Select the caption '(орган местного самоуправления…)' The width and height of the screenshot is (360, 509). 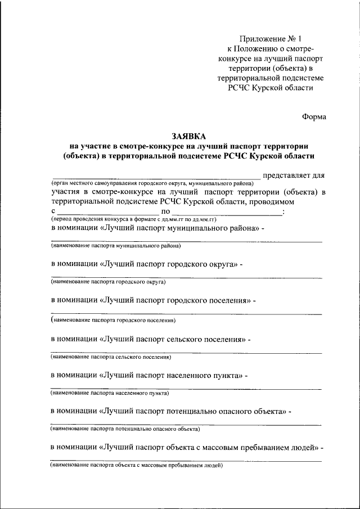(x=152, y=183)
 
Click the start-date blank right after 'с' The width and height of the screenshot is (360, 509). (x=107, y=213)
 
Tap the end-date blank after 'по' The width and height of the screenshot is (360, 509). (x=219, y=213)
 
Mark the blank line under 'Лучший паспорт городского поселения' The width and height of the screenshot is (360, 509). (x=186, y=314)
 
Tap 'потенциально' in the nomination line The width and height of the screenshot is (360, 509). (x=191, y=412)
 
